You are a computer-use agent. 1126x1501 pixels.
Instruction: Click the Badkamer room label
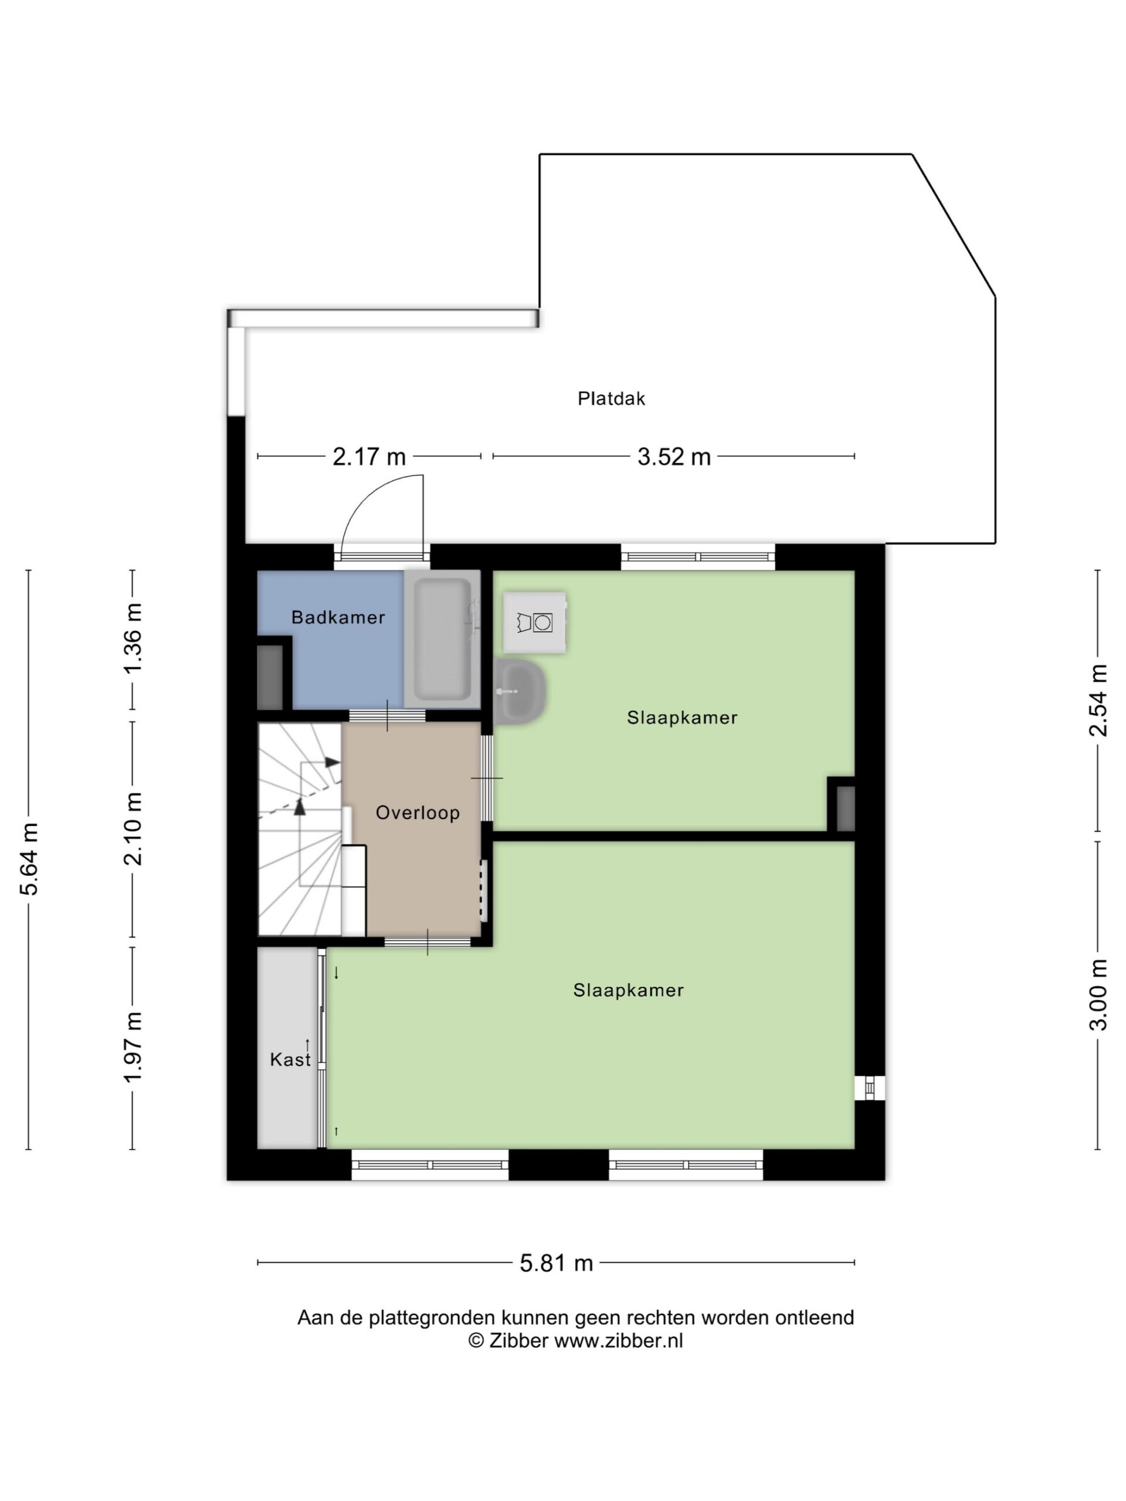pos(337,617)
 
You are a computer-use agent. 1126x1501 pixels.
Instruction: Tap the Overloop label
pos(418,812)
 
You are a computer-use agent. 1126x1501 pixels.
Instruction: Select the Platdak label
pos(611,398)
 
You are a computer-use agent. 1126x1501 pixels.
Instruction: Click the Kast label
pos(290,1059)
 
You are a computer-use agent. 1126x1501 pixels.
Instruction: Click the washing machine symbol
pos(535,622)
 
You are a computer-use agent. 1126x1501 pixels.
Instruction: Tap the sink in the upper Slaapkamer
pos(521,691)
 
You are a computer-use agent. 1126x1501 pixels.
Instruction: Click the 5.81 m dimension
pos(556,1263)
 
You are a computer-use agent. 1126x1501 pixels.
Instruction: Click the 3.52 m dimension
pos(673,457)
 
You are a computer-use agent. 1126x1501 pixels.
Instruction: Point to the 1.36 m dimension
pos(133,638)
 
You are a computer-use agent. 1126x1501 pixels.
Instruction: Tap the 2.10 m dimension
pos(133,828)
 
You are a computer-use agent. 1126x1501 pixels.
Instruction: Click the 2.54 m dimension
pos(1097,699)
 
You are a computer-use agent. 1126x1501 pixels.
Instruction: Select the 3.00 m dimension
pos(1097,995)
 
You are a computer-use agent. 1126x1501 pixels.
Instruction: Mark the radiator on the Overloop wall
pos(484,890)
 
